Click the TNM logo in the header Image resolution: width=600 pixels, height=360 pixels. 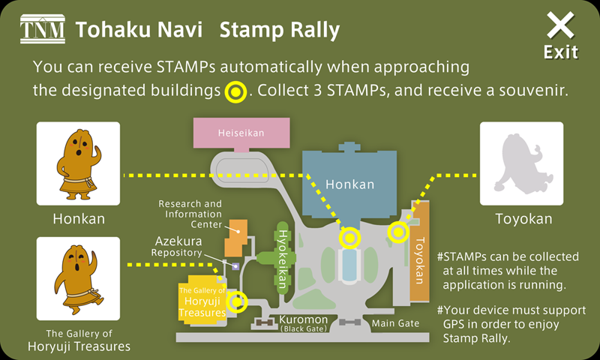(41, 30)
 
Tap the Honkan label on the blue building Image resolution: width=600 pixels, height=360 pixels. (349, 184)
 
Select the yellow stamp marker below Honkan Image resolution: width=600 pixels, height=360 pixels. (349, 238)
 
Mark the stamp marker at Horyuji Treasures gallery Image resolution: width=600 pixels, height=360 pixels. (238, 302)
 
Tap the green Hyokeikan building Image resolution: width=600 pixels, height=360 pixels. (281, 255)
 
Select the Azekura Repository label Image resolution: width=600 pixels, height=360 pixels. (179, 247)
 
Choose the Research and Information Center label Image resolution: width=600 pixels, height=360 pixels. (190, 214)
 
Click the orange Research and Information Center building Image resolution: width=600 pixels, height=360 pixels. (235, 239)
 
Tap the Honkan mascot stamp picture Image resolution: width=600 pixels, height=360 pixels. (78, 163)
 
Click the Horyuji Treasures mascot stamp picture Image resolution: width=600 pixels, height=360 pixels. (78, 279)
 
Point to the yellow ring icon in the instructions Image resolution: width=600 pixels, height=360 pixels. (235, 91)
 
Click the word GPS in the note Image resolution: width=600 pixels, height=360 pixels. (454, 324)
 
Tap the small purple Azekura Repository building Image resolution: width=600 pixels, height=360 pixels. (235, 266)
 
